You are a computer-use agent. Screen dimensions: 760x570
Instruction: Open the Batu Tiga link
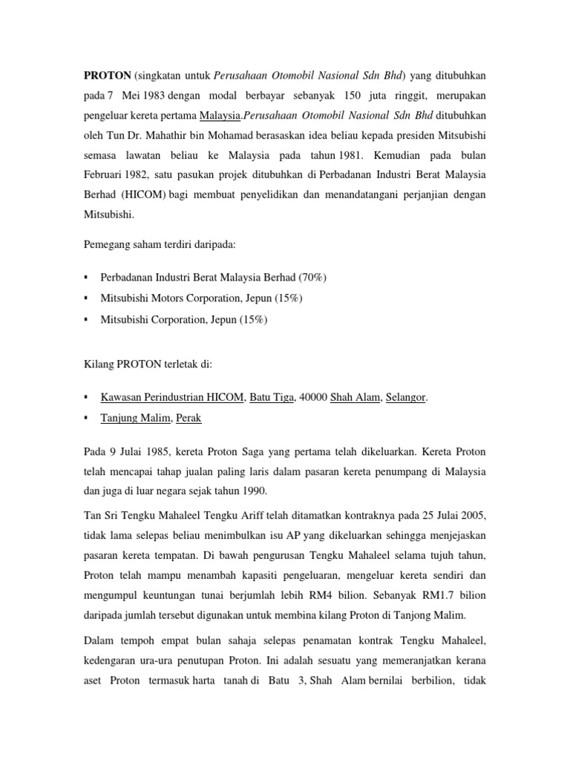(x=272, y=397)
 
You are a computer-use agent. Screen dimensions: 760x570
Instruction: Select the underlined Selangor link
(x=405, y=397)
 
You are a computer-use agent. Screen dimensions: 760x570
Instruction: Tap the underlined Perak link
(x=189, y=418)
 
